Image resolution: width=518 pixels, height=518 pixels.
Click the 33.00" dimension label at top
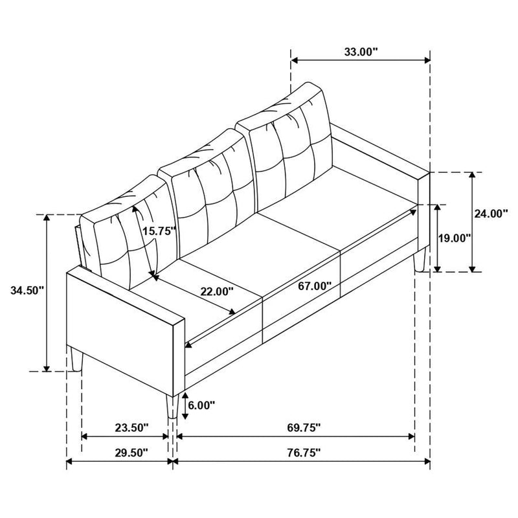click(360, 52)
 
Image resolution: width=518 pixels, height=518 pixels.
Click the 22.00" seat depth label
click(216, 292)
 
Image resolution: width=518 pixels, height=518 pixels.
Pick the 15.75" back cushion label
click(160, 231)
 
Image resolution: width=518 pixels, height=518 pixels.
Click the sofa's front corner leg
click(172, 406)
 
